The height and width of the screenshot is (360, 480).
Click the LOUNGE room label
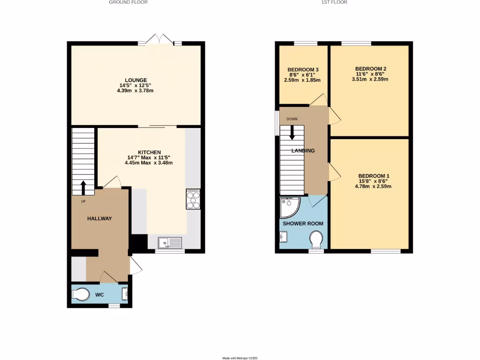click(136, 80)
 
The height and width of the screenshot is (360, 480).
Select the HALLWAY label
click(99, 218)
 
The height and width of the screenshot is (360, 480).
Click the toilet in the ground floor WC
click(81, 294)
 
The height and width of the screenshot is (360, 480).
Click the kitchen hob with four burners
click(193, 199)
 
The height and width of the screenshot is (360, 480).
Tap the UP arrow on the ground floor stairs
click(83, 187)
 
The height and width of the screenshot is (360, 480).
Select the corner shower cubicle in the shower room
click(289, 208)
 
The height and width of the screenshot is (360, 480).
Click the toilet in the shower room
click(317, 241)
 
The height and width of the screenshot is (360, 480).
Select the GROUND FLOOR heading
click(128, 2)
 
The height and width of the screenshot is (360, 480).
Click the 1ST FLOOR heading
click(333, 2)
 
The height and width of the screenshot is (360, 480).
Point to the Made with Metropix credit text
click(240, 358)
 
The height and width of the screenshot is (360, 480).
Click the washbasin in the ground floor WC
click(125, 294)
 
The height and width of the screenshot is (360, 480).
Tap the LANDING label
click(303, 150)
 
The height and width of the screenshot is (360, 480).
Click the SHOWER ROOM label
click(303, 224)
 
